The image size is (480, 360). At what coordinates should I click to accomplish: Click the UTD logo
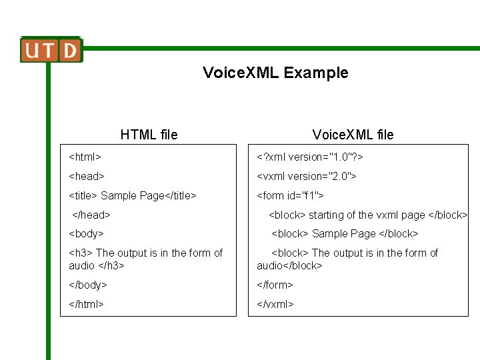coord(51,50)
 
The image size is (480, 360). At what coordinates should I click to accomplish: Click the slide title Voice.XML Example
coord(275,73)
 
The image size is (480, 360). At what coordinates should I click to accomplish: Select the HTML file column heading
coord(149,135)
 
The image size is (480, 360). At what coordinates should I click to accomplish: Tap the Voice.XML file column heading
coord(353,135)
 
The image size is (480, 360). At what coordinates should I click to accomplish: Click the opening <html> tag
coord(85,157)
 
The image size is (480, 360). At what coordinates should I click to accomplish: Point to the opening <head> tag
coord(87,177)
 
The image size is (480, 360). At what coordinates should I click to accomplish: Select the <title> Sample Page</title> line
coord(133,196)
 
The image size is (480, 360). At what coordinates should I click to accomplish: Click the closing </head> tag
coord(91,215)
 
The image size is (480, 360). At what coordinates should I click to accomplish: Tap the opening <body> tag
coord(87,234)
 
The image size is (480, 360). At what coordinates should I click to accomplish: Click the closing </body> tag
coord(88,285)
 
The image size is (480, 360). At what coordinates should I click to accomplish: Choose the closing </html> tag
coord(87,305)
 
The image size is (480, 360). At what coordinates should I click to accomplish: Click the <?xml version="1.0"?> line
coord(310,157)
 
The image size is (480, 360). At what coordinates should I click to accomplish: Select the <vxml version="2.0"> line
coord(307,177)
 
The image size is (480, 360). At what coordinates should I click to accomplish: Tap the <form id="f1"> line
coord(291,196)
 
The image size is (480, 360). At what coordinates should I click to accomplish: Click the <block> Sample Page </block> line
coord(345,234)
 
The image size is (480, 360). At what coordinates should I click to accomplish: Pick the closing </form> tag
coord(275,285)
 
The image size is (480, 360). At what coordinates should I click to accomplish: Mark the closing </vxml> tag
coord(275,305)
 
